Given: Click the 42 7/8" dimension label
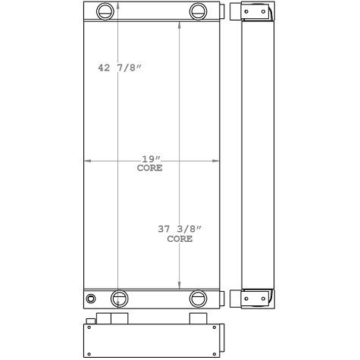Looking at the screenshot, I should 120,67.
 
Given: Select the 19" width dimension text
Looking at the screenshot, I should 151,158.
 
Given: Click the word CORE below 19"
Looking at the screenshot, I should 149,168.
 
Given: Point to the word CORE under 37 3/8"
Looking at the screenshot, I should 180,239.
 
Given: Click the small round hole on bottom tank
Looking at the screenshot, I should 91,297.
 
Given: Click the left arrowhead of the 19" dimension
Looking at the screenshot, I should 86,161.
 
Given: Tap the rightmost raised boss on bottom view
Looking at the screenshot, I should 198,318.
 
